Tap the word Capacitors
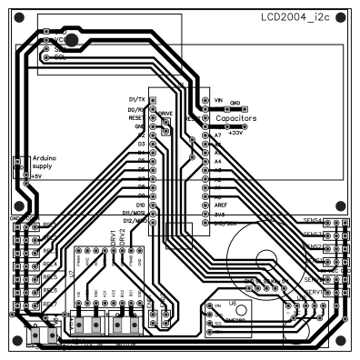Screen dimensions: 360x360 click(x=235, y=118)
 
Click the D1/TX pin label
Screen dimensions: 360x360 click(x=138, y=98)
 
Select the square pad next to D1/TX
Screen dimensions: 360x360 click(x=153, y=99)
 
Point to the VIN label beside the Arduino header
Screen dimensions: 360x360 click(x=219, y=99)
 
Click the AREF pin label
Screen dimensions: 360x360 click(x=221, y=205)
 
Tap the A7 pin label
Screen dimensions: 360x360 click(x=218, y=135)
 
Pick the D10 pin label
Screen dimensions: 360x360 click(x=141, y=205)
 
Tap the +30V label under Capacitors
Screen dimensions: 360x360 click(x=236, y=133)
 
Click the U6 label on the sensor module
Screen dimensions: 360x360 click(x=233, y=305)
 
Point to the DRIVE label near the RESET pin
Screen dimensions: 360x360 click(x=167, y=114)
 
